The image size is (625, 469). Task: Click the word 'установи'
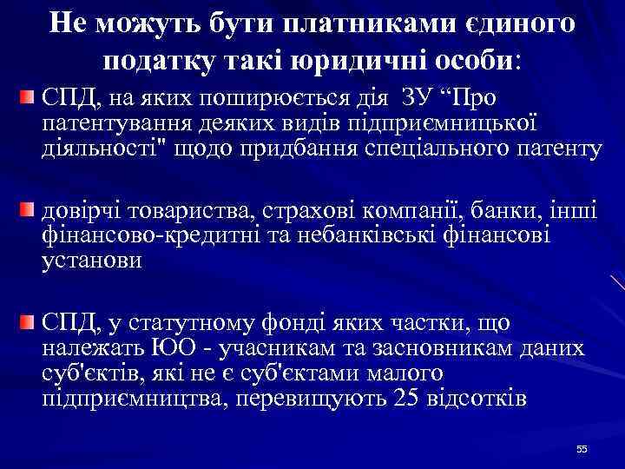[x=90, y=261]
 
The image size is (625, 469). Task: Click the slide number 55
[x=582, y=449]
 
